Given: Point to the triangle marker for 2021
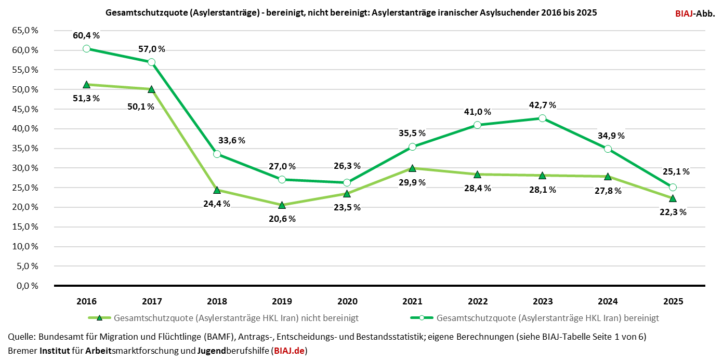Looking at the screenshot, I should tap(412, 168).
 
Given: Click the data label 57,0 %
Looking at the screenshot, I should tap(152, 49).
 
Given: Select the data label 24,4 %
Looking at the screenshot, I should tap(217, 203).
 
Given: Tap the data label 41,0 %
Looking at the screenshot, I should tap(478, 112).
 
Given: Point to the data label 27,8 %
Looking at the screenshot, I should tap(608, 191).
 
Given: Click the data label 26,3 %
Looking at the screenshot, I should tap(347, 166).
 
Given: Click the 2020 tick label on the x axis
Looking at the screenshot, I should tap(347, 301).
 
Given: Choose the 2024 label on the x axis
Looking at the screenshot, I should tap(608, 301).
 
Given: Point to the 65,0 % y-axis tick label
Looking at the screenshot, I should tap(25, 31).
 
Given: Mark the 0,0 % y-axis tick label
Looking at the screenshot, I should tap(27, 286).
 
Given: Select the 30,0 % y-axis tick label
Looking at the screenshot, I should tap(25, 168).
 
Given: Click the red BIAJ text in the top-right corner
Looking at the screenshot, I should tap(685, 14).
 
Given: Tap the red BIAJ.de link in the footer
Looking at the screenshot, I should tap(289, 351).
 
